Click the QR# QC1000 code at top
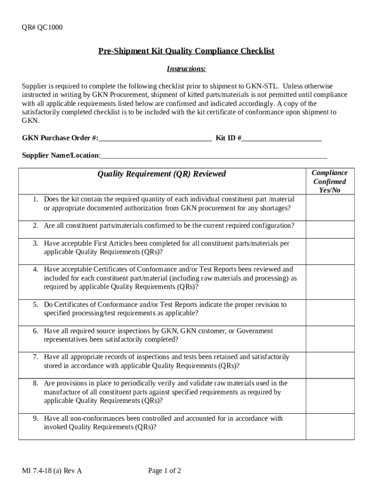coord(42,27)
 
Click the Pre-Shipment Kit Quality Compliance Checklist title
coord(186,51)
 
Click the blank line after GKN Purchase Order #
coord(155,138)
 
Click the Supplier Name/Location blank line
coord(214,155)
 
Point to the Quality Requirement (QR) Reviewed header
coord(162,174)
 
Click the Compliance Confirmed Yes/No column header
coord(329,181)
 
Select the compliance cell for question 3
coord(329,250)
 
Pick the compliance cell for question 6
coord(329,338)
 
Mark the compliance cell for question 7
coord(329,365)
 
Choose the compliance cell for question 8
coord(329,395)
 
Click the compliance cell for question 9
coord(329,426)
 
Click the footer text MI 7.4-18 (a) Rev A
coord(52,471)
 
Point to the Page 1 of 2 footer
coord(165,471)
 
